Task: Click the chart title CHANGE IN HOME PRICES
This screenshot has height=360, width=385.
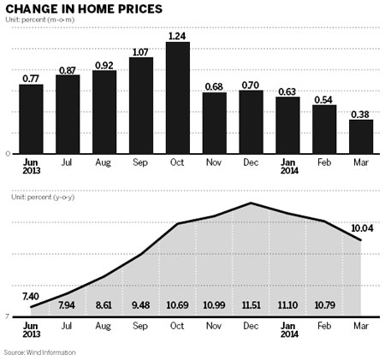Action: coord(84,10)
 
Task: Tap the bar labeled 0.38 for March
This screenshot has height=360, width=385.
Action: coord(361,136)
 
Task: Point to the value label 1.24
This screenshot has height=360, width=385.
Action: coord(178,35)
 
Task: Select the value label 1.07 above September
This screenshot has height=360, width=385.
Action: coord(141,50)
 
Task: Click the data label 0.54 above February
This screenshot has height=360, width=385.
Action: coord(324,98)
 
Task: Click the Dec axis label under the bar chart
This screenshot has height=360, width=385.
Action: coord(251,161)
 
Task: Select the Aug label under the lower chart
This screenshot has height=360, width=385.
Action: coord(104,326)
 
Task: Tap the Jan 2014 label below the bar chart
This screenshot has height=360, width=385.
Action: coord(287,165)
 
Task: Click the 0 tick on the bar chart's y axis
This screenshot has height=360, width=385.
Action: coord(8,153)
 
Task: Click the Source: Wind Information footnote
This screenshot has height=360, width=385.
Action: coord(39,352)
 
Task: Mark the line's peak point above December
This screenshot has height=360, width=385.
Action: coord(251,203)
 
